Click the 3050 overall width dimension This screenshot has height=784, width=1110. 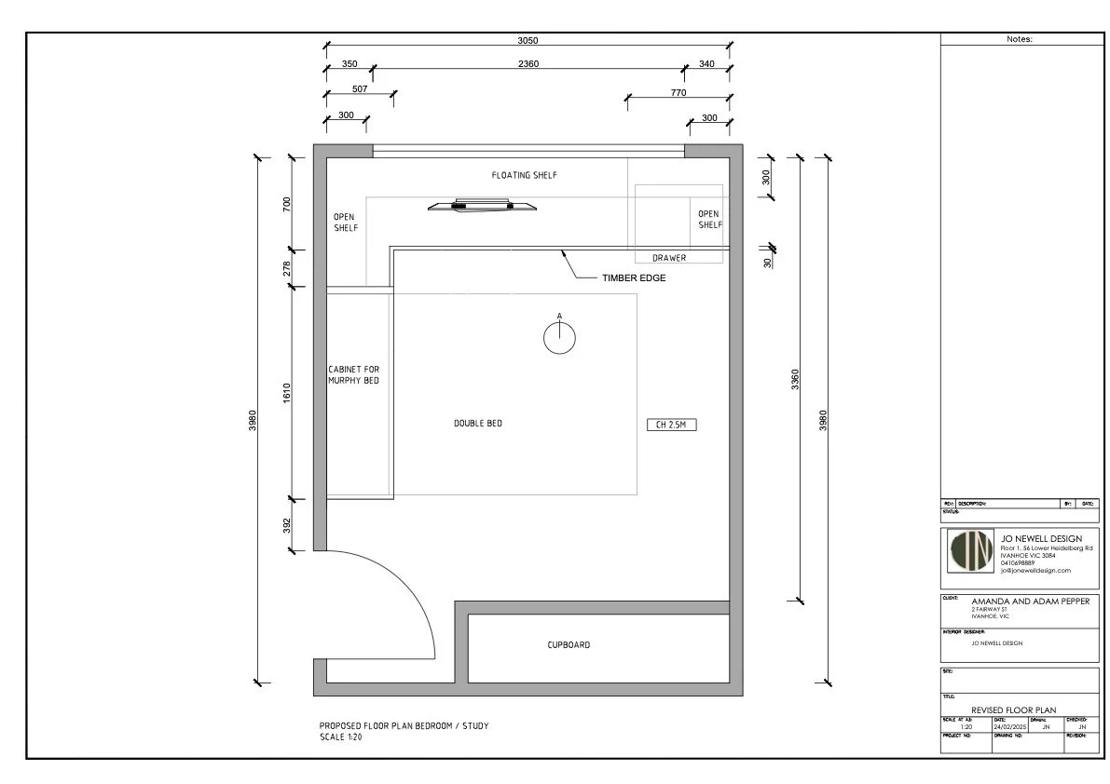528,40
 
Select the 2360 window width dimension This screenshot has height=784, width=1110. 528,64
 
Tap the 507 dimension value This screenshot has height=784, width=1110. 360,89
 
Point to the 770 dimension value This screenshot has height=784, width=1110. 678,92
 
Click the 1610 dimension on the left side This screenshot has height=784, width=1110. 287,392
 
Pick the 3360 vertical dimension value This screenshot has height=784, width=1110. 794,379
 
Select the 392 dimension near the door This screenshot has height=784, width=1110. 287,526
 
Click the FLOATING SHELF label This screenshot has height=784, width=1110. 524,175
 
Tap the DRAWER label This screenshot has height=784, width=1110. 668,258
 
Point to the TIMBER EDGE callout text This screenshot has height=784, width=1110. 633,278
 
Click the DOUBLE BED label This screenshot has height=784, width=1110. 478,424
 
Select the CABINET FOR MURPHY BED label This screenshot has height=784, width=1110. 353,375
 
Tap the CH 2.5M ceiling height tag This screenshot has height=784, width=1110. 672,425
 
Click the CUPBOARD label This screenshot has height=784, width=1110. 569,644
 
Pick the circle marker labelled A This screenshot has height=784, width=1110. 559,339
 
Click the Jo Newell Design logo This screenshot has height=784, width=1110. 970,552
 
